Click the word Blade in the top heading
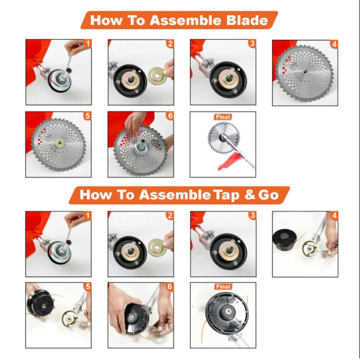(247, 20)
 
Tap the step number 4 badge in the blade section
(334, 44)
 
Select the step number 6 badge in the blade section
(170, 116)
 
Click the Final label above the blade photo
(223, 117)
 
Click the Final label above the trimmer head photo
(223, 287)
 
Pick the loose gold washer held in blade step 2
(157, 75)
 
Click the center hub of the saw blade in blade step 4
(306, 72)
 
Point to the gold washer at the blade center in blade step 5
(60, 143)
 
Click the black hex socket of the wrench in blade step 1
(68, 70)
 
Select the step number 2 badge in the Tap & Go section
(170, 216)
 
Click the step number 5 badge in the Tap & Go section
(87, 287)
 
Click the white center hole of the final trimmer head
(229, 311)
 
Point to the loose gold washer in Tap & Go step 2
(157, 247)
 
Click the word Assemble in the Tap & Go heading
(175, 195)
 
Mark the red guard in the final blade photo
(229, 162)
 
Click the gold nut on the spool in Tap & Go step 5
(43, 306)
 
